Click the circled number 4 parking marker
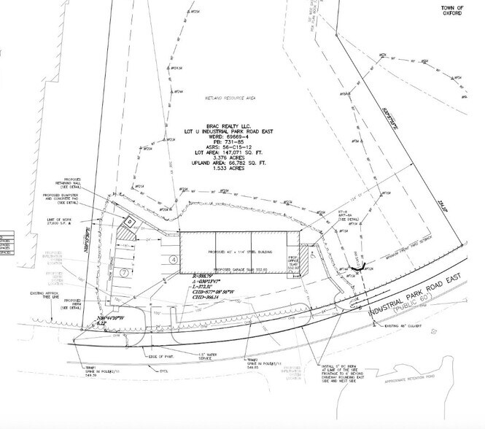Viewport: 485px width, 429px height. tap(174, 260)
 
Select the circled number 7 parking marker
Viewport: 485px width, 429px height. tap(125, 272)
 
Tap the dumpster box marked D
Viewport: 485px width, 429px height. tap(128, 220)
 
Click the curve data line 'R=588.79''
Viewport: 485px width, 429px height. tap(200, 277)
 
